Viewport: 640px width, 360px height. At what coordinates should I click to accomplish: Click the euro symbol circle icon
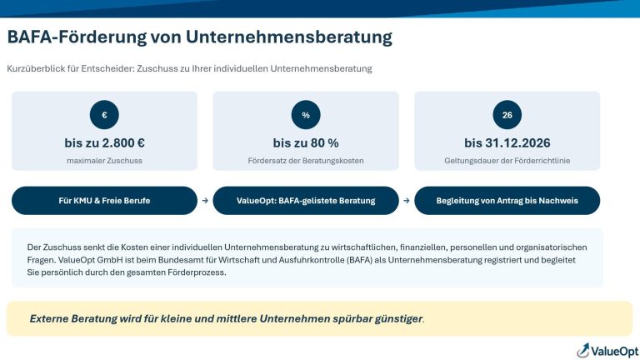tap(104, 115)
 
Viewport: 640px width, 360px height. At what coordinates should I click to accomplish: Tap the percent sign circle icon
tap(306, 115)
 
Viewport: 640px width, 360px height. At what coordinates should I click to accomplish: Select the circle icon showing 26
tap(507, 115)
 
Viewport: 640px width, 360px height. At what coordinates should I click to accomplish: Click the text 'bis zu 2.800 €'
tap(104, 142)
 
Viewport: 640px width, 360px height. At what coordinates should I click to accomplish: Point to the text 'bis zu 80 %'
tap(306, 142)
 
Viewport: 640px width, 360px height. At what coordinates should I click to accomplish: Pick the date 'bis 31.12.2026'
tap(507, 142)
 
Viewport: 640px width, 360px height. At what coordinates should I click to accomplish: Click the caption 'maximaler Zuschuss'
tap(104, 161)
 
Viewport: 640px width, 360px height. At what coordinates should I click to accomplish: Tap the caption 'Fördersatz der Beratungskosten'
tap(306, 161)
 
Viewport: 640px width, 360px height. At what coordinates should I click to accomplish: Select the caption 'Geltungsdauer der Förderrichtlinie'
tap(507, 161)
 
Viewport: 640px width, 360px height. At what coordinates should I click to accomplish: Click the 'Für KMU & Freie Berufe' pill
tap(104, 200)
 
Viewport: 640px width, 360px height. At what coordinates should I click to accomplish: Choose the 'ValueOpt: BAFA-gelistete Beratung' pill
tap(306, 200)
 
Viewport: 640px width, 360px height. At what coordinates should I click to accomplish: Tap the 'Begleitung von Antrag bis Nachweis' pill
tap(507, 200)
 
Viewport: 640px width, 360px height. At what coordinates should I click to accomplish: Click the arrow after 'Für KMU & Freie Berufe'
tap(205, 201)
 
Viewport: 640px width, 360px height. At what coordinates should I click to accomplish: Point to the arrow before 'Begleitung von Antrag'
tap(407, 201)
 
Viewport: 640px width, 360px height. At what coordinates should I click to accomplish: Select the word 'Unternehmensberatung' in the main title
tap(289, 37)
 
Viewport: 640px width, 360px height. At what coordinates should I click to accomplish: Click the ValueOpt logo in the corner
tap(607, 351)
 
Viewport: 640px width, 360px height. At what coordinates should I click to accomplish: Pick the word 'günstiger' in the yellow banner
tap(398, 319)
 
